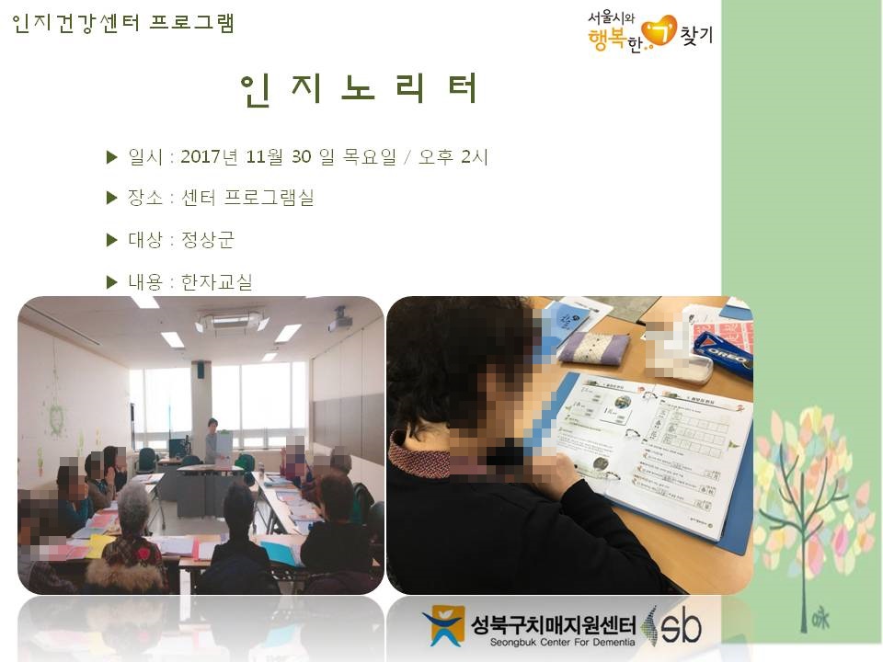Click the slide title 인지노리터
pos(360,89)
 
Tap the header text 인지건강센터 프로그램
pos(124,23)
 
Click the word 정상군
pos(208,240)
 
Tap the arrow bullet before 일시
pos(113,157)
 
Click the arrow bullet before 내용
pos(113,281)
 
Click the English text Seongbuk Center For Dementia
pos(552,642)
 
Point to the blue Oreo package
pos(724,354)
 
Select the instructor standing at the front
pos(212,441)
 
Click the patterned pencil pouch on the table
pos(593,348)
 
